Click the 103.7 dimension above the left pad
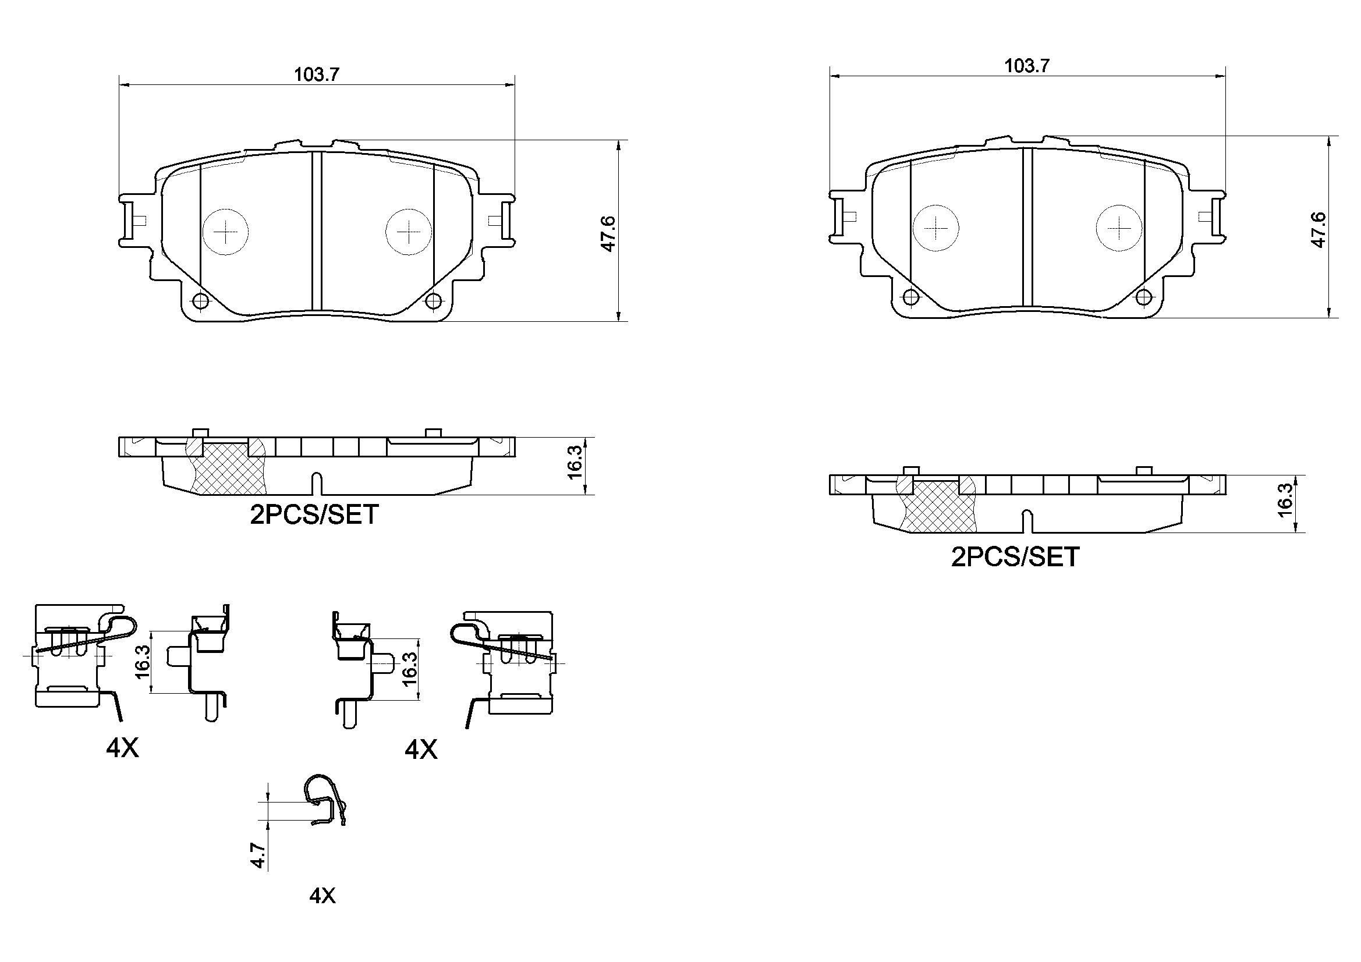[317, 74]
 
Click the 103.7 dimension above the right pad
[1027, 66]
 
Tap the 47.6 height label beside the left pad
[609, 233]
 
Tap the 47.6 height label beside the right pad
[1319, 230]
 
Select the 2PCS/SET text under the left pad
[314, 514]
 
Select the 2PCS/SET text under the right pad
[1015, 556]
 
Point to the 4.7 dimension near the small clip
[257, 856]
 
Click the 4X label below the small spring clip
[322, 895]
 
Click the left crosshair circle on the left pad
[226, 232]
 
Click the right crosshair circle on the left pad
[409, 232]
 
